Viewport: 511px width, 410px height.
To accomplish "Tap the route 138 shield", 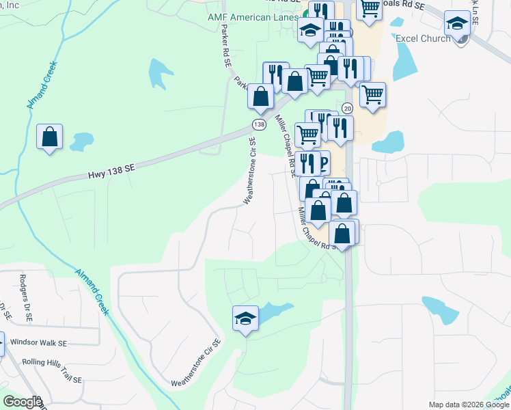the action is click(x=258, y=124).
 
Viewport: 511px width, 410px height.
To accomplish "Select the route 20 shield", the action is click(x=347, y=108).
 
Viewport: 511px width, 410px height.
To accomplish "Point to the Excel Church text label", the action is click(x=423, y=38).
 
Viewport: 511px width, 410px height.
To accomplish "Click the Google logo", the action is click(x=23, y=402).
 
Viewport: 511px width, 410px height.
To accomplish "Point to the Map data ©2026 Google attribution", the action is click(x=468, y=404).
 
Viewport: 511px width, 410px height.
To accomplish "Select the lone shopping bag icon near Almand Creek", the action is click(x=50, y=137).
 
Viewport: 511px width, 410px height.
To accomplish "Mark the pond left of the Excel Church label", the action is click(x=403, y=65).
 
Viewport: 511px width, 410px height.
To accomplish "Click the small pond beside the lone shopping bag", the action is click(x=81, y=141).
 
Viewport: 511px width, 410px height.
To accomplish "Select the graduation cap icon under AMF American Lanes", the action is click(x=310, y=30).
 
